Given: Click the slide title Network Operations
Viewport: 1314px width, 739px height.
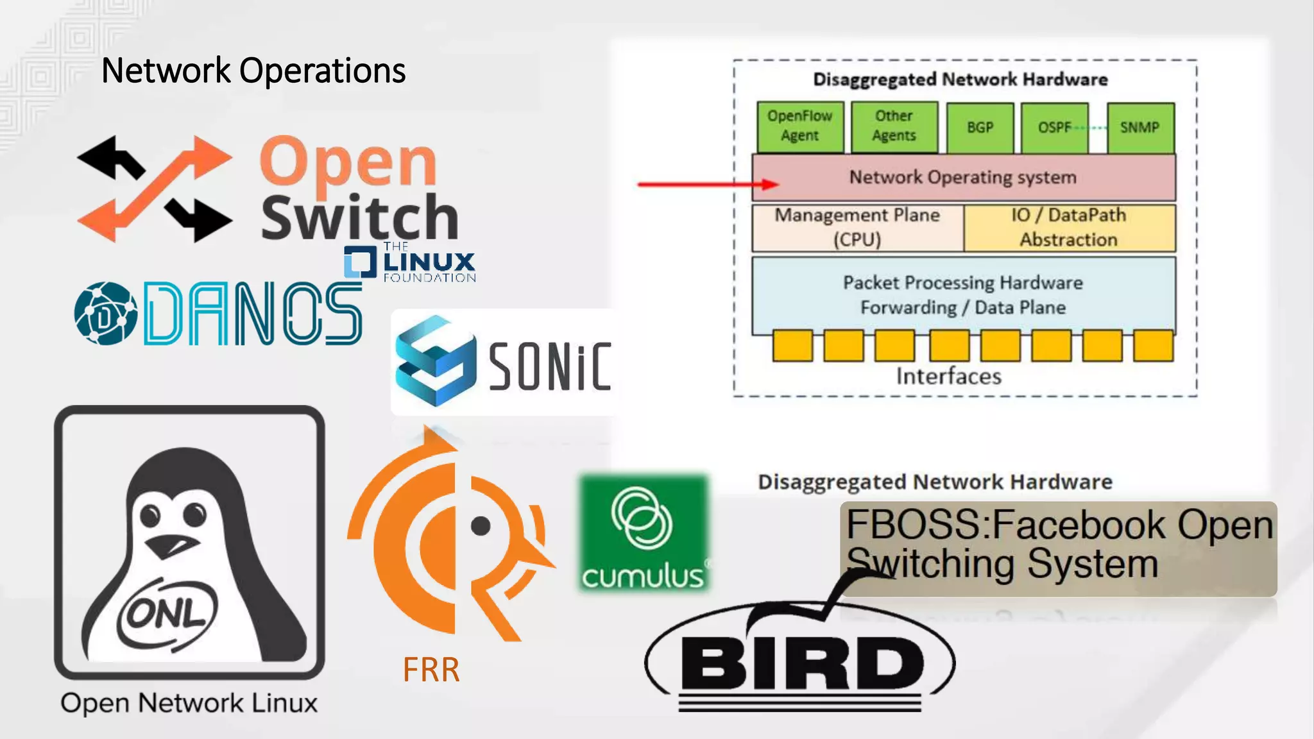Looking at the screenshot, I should [x=253, y=71].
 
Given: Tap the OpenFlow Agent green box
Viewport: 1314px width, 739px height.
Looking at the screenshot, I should [x=799, y=126].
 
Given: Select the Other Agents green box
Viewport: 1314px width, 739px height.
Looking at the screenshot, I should [x=894, y=126].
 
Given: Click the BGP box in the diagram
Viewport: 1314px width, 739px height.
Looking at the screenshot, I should [x=980, y=127].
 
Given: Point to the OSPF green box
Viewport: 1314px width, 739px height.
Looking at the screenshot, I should [x=1054, y=127].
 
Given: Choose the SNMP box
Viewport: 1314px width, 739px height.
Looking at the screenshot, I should [x=1140, y=127].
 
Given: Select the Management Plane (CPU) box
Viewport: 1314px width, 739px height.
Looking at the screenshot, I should [x=857, y=228].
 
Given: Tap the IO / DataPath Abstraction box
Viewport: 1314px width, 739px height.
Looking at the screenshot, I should [x=1069, y=228].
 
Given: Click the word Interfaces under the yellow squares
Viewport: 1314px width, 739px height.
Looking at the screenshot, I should [x=948, y=377].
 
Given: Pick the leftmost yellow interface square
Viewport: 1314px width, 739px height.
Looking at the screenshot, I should [x=792, y=346].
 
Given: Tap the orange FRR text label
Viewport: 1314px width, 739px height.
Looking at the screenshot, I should [x=431, y=670].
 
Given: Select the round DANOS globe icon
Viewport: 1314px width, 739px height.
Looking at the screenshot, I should [x=105, y=314].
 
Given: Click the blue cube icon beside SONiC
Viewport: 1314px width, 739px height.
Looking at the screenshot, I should [x=435, y=361].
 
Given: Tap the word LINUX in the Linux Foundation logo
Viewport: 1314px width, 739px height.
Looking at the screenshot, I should [x=429, y=262].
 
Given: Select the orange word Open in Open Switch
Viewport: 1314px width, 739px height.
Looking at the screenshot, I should [x=348, y=162].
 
